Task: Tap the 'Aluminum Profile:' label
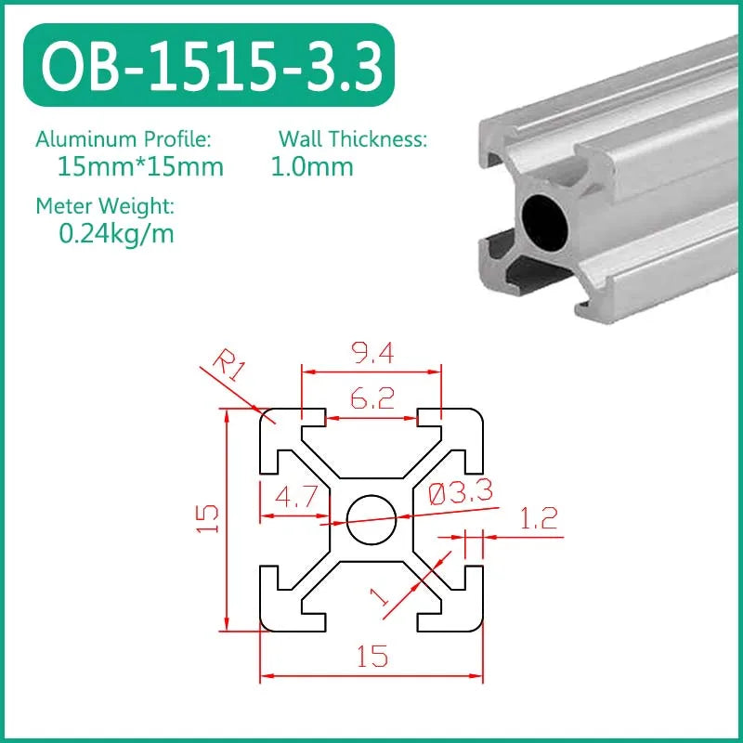(x=124, y=139)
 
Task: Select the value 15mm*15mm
(x=140, y=168)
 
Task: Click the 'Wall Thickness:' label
(x=353, y=139)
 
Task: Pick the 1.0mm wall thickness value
(x=312, y=168)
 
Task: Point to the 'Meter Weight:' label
(x=105, y=205)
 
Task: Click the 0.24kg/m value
(x=116, y=234)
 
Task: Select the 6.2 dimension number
(x=371, y=398)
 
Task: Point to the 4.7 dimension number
(x=293, y=499)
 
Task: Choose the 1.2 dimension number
(x=539, y=518)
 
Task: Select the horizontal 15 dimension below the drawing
(x=371, y=658)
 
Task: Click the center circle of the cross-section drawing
(x=371, y=518)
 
